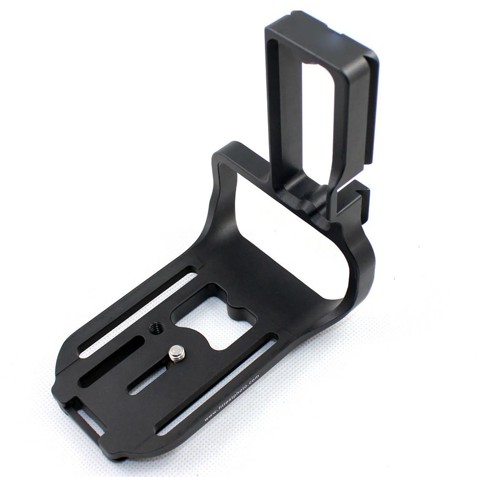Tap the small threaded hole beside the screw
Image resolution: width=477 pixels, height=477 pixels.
click(x=155, y=329)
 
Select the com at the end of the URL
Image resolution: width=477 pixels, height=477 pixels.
click(x=255, y=378)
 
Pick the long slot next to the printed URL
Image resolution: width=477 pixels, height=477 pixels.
click(x=217, y=384)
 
